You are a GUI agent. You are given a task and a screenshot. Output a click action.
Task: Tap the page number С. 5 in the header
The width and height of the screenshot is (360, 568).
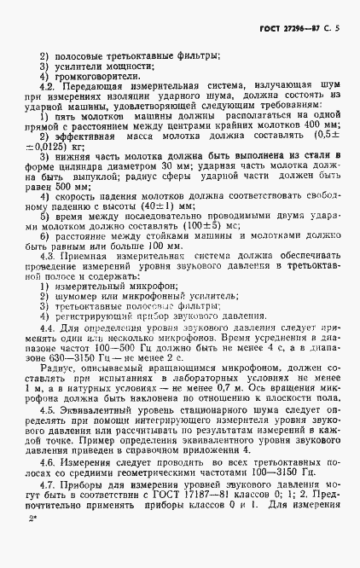pyautogui.click(x=333, y=27)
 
